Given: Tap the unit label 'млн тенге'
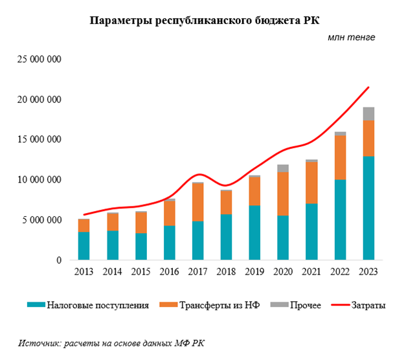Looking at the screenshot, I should (351, 37).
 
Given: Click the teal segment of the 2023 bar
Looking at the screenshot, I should (368, 207).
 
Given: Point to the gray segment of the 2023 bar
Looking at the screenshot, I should (368, 113).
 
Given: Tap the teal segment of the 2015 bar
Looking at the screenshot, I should (141, 246).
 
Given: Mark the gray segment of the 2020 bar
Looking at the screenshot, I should (284, 168).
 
